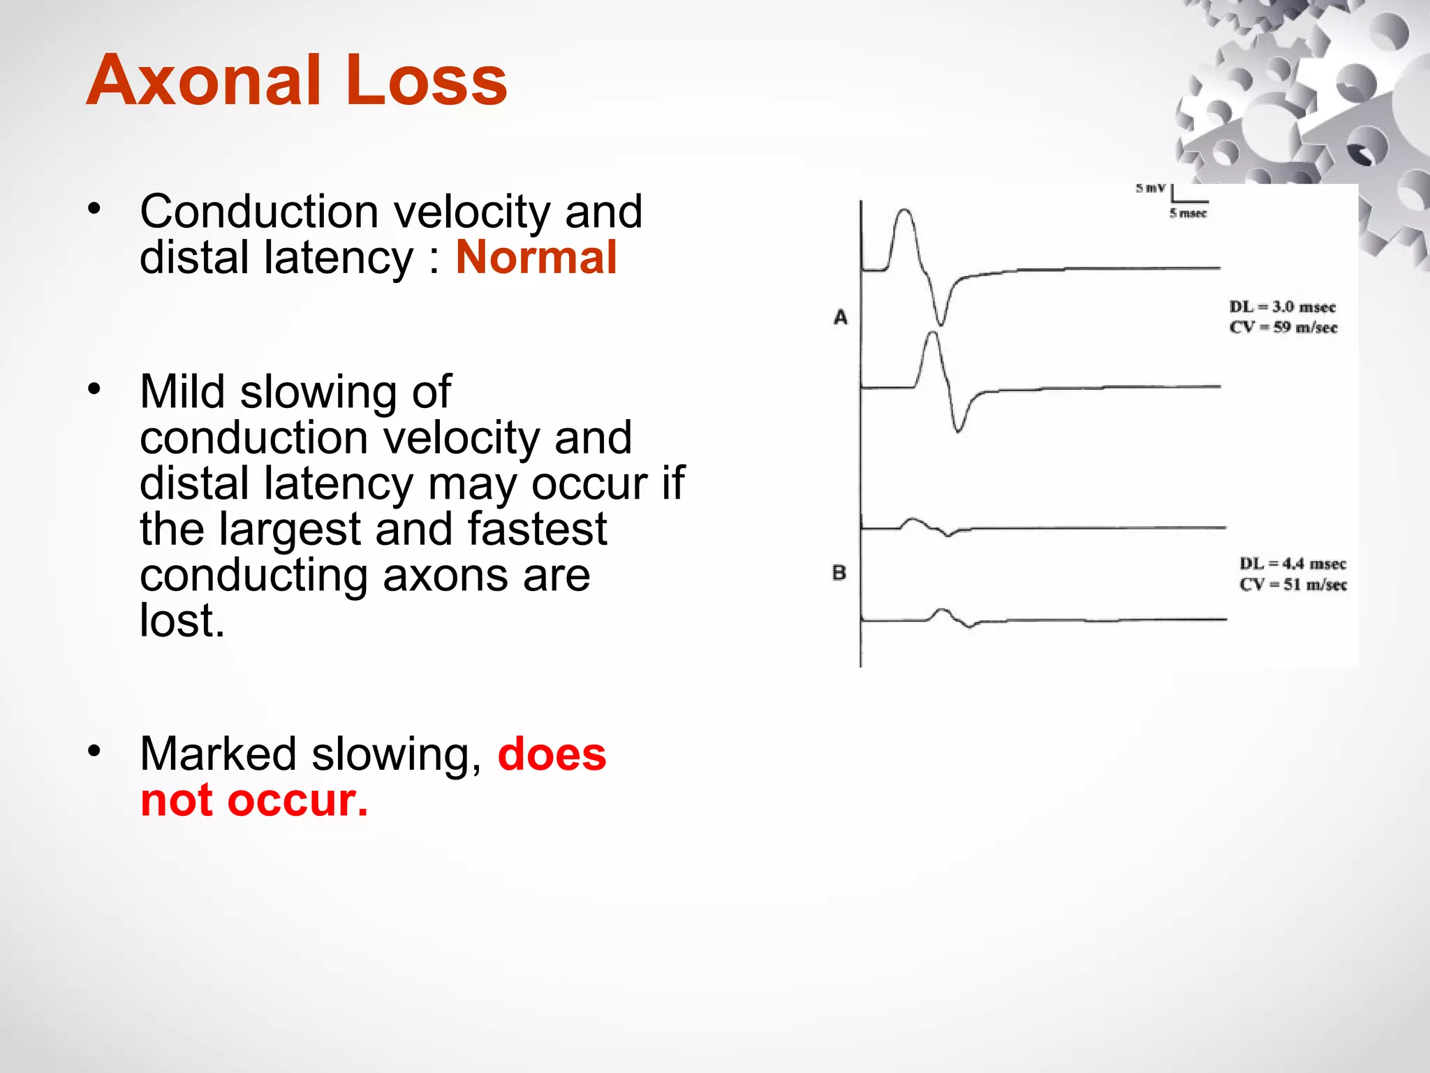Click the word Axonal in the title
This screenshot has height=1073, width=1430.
pyautogui.click(x=203, y=82)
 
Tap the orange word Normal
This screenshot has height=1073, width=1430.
pyautogui.click(x=536, y=258)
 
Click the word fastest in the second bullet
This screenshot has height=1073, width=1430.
pyautogui.click(x=537, y=529)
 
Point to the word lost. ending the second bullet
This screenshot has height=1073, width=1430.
pyautogui.click(x=182, y=620)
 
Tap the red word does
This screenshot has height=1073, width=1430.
pyautogui.click(x=552, y=754)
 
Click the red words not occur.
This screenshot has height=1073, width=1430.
pyautogui.click(x=254, y=801)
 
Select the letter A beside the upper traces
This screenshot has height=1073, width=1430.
pyautogui.click(x=841, y=318)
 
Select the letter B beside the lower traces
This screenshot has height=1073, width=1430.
pyautogui.click(x=839, y=573)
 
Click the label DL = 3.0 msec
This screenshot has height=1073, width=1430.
pyautogui.click(x=1282, y=307)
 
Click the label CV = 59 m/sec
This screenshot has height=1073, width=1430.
pyautogui.click(x=1283, y=328)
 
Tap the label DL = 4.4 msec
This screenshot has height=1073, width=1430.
pyautogui.click(x=1292, y=564)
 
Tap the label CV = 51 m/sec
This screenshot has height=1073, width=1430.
pyautogui.click(x=1293, y=585)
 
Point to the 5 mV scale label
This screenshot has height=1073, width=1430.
pyautogui.click(x=1150, y=188)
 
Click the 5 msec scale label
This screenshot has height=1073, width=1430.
pyautogui.click(x=1188, y=213)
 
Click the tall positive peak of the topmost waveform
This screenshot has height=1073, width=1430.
pyautogui.click(x=904, y=210)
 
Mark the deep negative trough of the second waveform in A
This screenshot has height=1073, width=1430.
pyautogui.click(x=958, y=430)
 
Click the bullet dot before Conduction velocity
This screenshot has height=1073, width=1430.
pyautogui.click(x=94, y=207)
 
